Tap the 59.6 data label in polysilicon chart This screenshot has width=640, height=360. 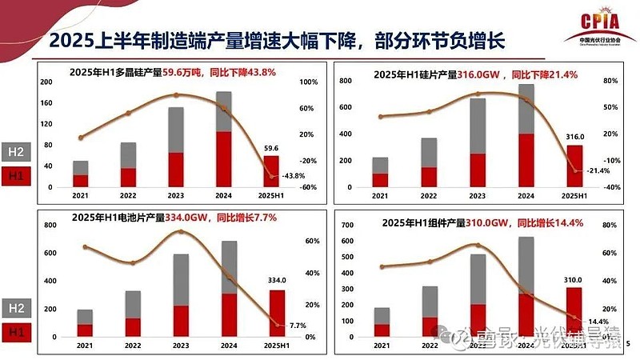(x=271, y=148)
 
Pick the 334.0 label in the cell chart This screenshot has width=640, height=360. (x=276, y=281)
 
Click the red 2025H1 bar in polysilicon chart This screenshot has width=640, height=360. (x=271, y=170)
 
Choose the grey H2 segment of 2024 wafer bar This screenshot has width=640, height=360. (x=526, y=109)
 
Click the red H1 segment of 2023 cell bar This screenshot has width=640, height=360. (x=180, y=321)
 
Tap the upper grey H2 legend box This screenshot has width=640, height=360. (x=17, y=150)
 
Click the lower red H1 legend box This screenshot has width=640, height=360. (x=17, y=174)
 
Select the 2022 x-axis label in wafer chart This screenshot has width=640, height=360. (x=429, y=196)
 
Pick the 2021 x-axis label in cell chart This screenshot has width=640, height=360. (x=84, y=346)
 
